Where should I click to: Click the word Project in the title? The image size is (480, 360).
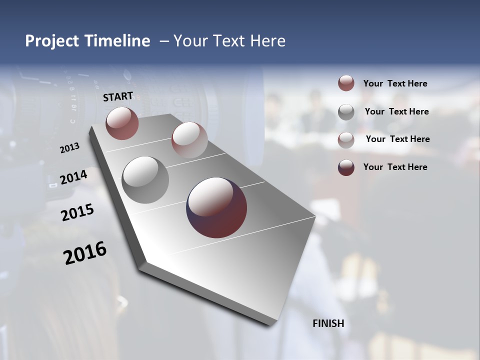52,41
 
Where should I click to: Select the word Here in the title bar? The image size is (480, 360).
267,41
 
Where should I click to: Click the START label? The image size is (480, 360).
118,96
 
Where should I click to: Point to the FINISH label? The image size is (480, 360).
328,323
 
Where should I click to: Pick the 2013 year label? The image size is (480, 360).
70,148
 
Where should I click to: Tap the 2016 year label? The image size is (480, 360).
85,253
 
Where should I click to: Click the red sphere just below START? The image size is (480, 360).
122,123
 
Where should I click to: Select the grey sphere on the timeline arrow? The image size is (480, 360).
145,180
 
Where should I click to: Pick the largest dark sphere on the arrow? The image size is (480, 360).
216,207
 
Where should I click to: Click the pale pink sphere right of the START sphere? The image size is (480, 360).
189,140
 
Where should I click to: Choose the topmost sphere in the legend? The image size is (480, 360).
346,83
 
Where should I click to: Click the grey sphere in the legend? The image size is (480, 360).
346,111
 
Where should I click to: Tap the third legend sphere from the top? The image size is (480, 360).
346,139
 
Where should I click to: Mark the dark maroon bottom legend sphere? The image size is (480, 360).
346,167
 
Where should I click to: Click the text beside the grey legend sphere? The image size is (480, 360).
396,111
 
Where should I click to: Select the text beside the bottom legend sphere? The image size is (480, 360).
395,167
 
